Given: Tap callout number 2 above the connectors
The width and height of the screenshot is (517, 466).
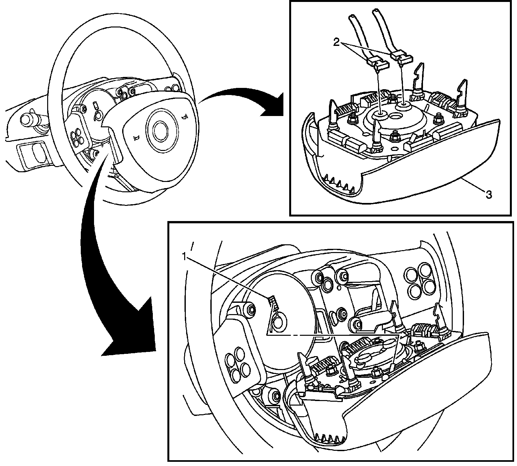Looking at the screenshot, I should [x=337, y=43].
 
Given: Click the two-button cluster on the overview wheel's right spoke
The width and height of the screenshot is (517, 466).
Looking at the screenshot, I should [x=171, y=88].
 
